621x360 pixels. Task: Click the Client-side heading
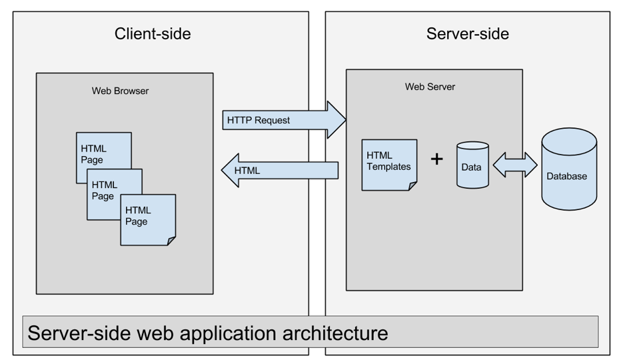(x=153, y=33)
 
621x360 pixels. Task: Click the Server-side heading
(x=467, y=33)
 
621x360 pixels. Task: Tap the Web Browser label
(x=120, y=91)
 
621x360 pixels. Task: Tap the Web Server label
(x=430, y=87)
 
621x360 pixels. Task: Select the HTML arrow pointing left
(x=280, y=171)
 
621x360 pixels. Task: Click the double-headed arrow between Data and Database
(x=515, y=164)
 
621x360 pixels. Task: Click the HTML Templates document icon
(x=389, y=164)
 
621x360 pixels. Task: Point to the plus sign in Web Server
(x=436, y=159)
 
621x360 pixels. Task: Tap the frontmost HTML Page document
(x=147, y=219)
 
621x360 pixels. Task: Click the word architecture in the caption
(x=330, y=332)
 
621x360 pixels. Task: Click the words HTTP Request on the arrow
(x=259, y=121)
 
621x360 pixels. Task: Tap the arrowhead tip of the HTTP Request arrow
(x=344, y=120)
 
